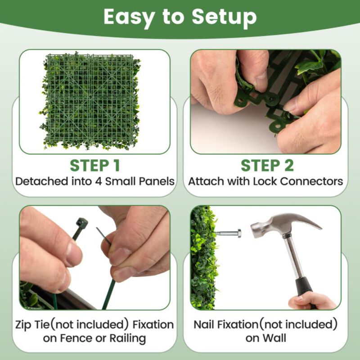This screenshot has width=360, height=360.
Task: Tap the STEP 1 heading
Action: point(94,166)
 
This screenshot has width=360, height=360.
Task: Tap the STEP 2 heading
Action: point(267,166)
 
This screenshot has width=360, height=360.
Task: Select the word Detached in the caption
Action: point(40,182)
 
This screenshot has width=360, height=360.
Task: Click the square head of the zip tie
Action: point(81,223)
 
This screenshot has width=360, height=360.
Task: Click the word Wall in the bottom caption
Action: point(275,338)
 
